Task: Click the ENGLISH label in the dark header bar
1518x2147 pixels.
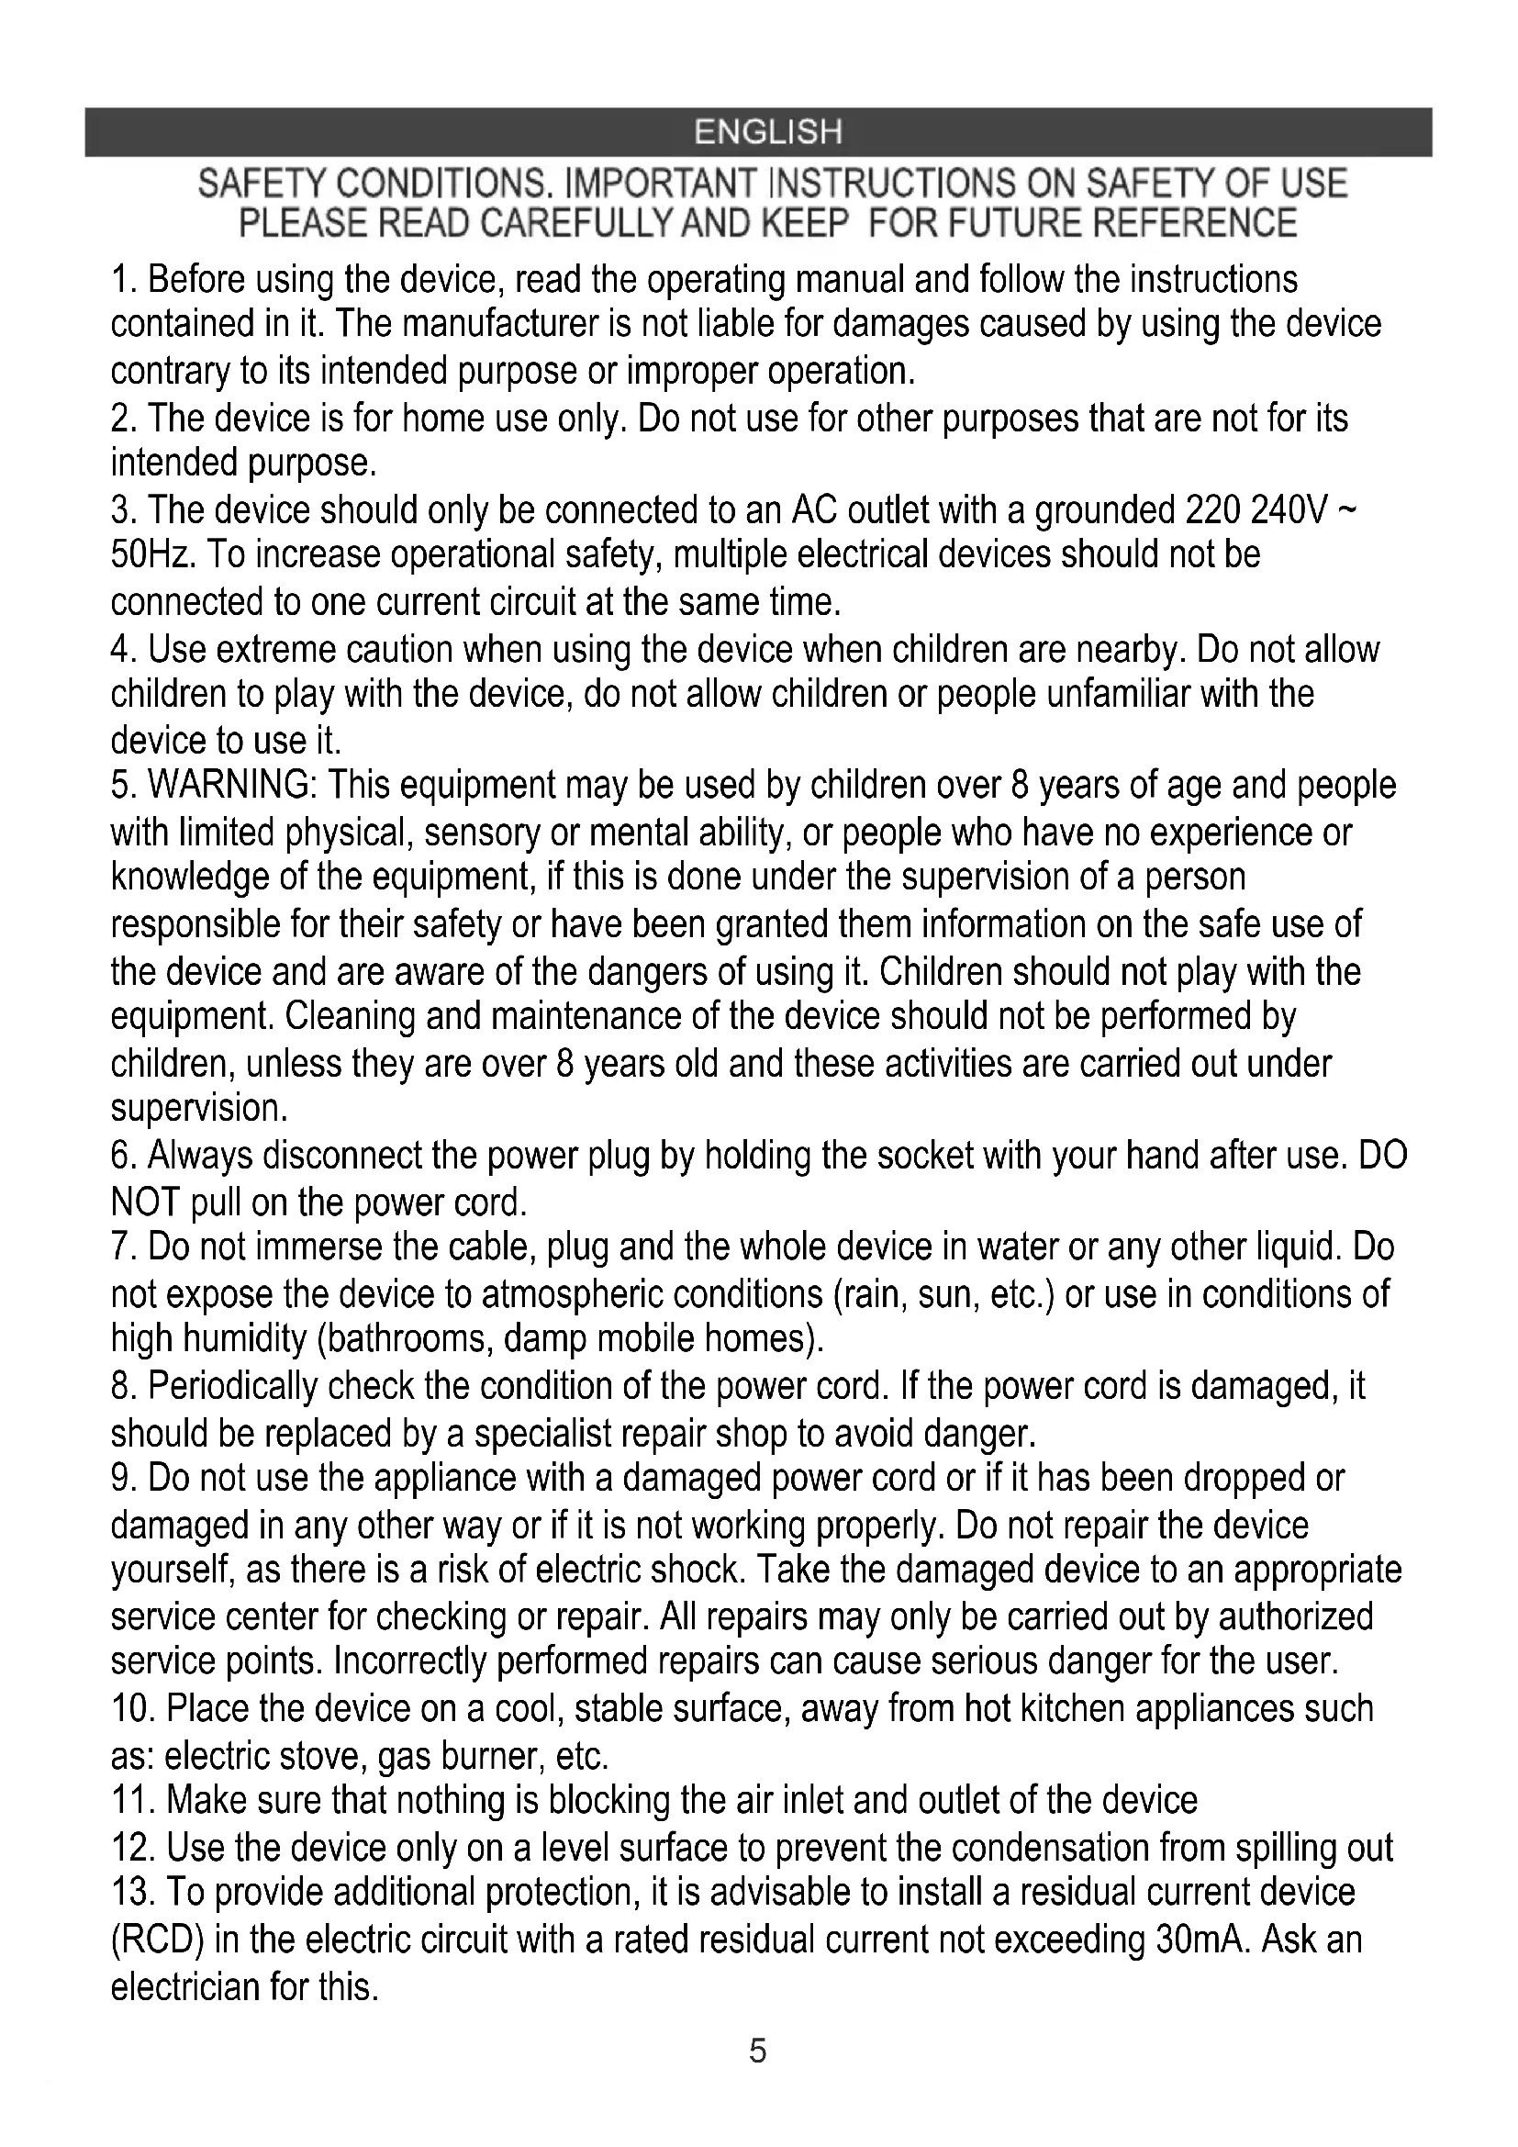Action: click(x=767, y=132)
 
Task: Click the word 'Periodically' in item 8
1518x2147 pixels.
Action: click(x=234, y=1386)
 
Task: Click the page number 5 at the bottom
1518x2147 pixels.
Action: click(x=758, y=2052)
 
